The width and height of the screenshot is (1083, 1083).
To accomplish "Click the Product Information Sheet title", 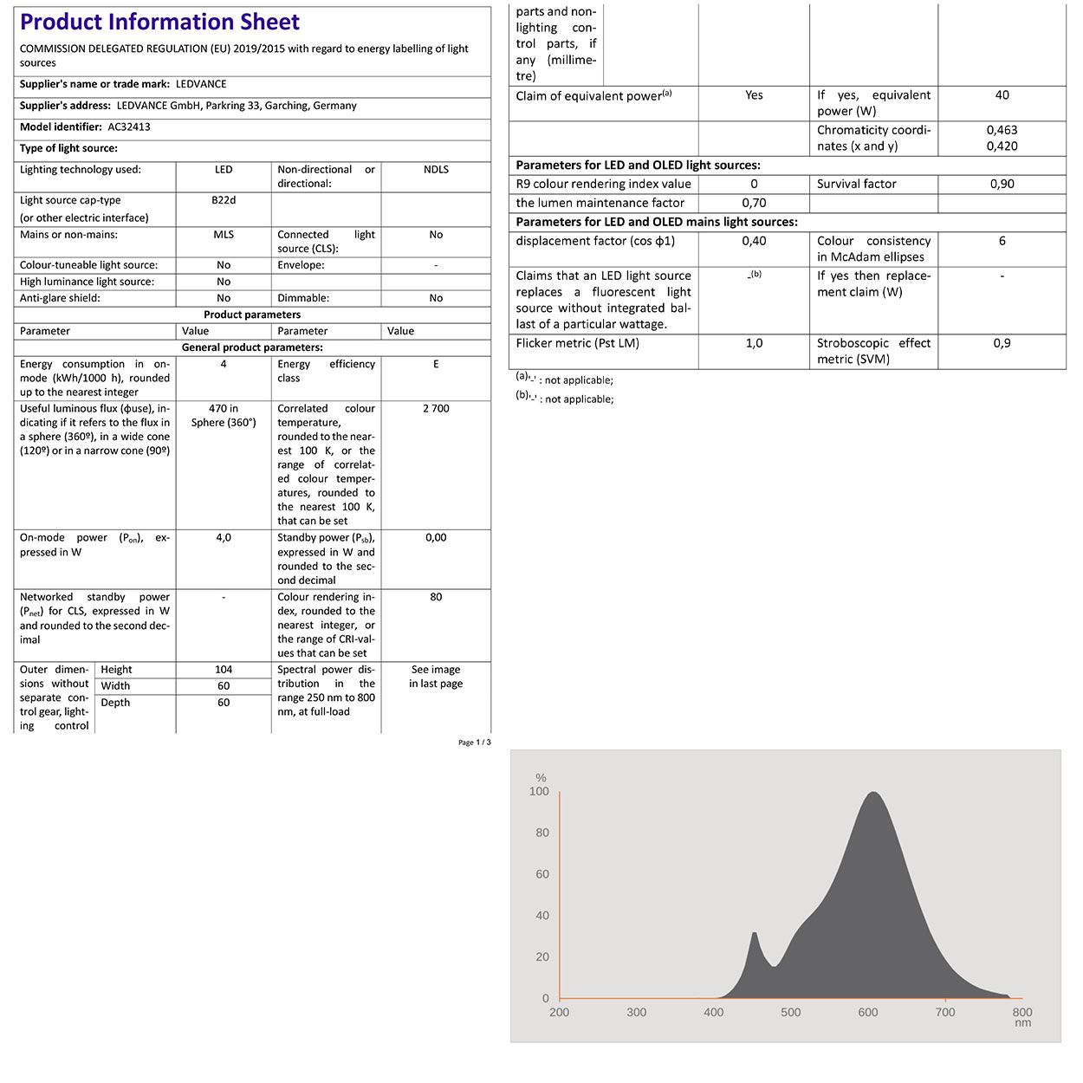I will [x=159, y=23].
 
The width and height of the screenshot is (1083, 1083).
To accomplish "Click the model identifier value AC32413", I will [x=129, y=126].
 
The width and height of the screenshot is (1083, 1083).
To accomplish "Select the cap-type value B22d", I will [x=224, y=200].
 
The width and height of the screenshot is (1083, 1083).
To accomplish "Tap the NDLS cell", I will [x=436, y=170].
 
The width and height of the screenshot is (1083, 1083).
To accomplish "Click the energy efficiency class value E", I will [x=436, y=365].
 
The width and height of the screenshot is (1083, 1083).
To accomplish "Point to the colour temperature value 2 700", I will [x=436, y=409].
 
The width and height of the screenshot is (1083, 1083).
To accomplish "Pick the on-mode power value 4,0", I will [x=224, y=538].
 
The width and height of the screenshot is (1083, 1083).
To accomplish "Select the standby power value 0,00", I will [x=436, y=538].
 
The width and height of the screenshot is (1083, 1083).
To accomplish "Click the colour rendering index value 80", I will [x=436, y=597].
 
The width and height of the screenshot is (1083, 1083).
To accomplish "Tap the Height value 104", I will [x=224, y=670].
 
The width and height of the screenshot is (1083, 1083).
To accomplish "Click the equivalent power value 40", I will [x=1002, y=95].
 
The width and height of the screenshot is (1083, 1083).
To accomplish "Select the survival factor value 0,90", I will [x=1002, y=184].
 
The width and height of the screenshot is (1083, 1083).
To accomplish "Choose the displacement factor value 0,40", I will [x=754, y=241].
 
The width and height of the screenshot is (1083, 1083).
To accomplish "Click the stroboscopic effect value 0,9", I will [x=1002, y=343].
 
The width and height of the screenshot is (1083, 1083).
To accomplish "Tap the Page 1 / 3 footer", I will [x=474, y=743].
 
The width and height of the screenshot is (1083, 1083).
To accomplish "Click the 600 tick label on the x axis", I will [x=867, y=1012].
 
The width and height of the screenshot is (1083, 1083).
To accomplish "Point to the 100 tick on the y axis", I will [x=539, y=791].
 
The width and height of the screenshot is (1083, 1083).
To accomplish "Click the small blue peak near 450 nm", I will [x=755, y=935].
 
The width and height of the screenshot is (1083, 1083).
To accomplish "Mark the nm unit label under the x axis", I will [x=1022, y=1023].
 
